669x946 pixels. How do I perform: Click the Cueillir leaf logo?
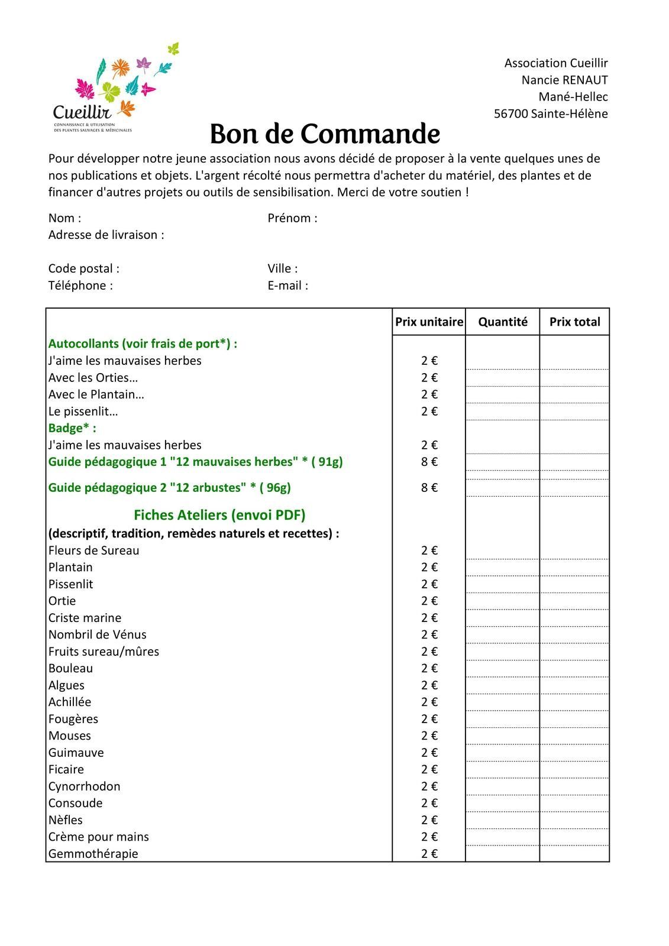(115, 88)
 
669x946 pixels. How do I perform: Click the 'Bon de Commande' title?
(325, 134)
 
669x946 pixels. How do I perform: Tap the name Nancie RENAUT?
(564, 80)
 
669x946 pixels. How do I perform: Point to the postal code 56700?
(511, 114)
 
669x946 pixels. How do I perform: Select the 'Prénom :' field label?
(292, 218)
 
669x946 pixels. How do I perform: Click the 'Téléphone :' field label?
(80, 286)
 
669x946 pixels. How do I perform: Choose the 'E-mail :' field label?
(287, 286)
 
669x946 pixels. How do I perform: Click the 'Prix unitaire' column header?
(429, 322)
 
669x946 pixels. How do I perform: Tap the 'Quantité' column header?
(503, 322)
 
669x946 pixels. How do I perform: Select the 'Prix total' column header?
(574, 322)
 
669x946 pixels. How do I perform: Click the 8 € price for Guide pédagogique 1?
(429, 462)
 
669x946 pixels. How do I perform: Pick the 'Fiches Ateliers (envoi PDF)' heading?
(219, 515)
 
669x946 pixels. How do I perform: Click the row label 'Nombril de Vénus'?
(98, 635)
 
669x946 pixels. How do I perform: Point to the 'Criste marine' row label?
(85, 618)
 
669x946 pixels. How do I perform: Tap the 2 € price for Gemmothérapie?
(429, 854)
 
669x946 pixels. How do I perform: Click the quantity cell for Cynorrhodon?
(503, 787)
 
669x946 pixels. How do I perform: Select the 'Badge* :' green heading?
(72, 428)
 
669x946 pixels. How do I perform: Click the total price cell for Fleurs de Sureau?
(574, 551)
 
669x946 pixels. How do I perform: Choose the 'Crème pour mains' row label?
(99, 837)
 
